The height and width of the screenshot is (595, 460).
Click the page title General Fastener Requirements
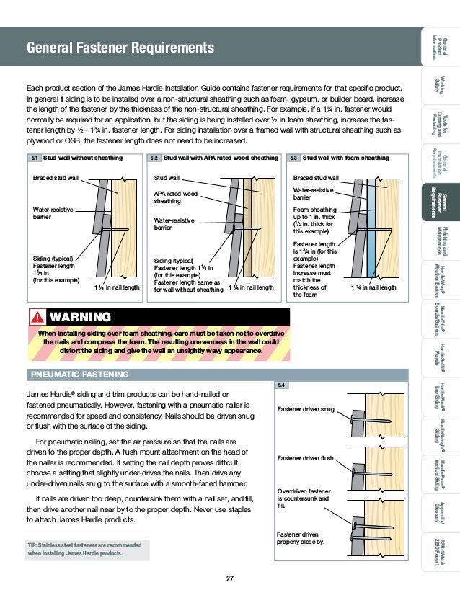click(x=120, y=48)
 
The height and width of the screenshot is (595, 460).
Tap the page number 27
click(x=229, y=578)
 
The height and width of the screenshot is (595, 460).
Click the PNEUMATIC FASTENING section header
click(x=78, y=375)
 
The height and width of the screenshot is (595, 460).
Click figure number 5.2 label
click(x=155, y=158)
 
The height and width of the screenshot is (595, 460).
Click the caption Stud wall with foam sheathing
click(x=346, y=158)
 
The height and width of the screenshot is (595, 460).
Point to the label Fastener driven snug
click(x=306, y=409)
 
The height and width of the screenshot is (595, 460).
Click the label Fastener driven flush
click(x=306, y=457)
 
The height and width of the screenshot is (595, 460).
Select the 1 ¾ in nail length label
click(x=373, y=287)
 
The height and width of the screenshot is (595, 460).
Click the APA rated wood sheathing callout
click(x=177, y=197)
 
